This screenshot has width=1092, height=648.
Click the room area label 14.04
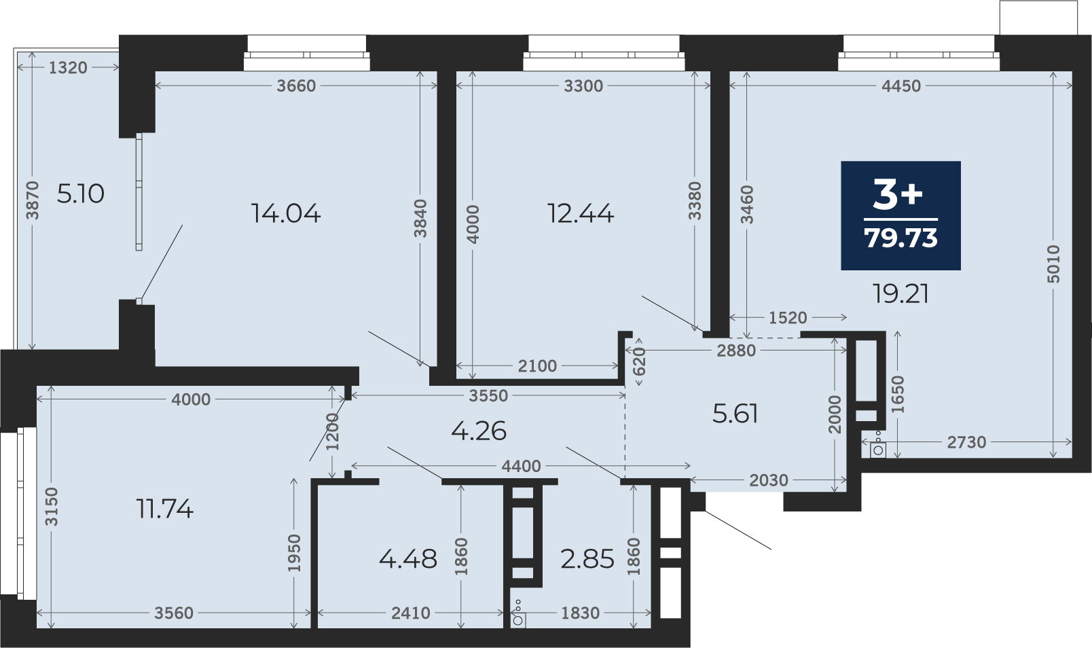pos(286,213)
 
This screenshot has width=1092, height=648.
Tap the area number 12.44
pos(581,213)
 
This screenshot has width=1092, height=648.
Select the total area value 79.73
pos(901,238)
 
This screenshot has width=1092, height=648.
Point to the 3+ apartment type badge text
pos(898,194)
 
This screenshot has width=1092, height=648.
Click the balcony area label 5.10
pos(80,194)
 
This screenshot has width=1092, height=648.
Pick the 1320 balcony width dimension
pos(68,68)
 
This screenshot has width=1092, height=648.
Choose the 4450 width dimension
pos(901,86)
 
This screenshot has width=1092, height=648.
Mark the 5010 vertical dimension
pos(1053,264)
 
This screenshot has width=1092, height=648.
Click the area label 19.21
pos(901,294)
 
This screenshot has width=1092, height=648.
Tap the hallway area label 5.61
pos(735,414)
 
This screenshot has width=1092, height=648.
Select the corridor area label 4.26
pos(479,431)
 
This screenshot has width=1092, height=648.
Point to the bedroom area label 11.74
pos(165,509)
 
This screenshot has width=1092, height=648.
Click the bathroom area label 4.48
pos(408,559)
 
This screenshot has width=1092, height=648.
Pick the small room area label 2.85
pos(587,559)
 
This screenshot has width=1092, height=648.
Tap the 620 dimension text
pos(638,361)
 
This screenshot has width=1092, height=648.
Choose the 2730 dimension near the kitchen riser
pos(967,442)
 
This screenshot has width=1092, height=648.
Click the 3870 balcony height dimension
pos(32,200)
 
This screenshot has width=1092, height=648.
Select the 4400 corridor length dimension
pos(521,466)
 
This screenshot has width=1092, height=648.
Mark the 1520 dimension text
pos(788,318)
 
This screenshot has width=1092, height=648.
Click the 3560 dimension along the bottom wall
pos(174,613)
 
